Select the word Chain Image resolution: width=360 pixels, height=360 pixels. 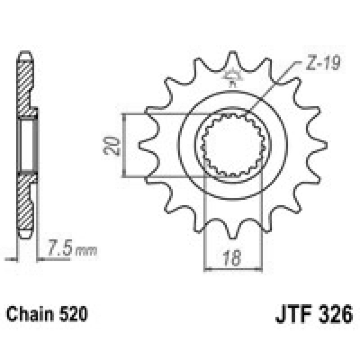[31, 313]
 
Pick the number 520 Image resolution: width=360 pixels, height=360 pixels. [72, 313]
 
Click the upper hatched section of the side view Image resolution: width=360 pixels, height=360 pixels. [25, 85]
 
